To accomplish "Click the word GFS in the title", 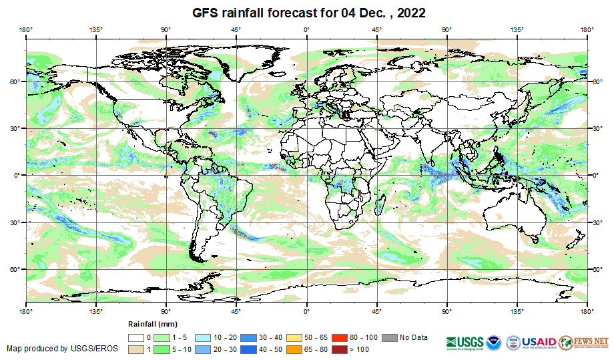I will coord(206,13).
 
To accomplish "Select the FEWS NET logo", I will coord(584,341).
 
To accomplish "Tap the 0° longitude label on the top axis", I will coord(306,29).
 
